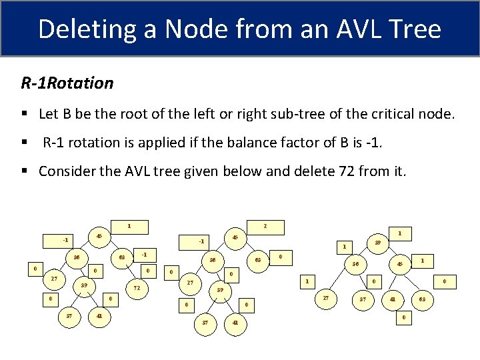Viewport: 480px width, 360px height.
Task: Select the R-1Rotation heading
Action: click(x=67, y=83)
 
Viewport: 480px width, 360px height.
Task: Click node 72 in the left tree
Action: click(x=137, y=288)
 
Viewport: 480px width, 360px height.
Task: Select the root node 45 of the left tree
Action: click(x=99, y=235)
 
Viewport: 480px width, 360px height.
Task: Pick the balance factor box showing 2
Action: click(x=265, y=227)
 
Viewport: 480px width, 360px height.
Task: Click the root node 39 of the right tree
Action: click(x=377, y=243)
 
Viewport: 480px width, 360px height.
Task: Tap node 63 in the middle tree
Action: click(x=257, y=259)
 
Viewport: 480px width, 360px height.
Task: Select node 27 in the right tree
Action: click(x=326, y=299)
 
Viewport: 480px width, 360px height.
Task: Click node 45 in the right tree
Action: click(x=400, y=264)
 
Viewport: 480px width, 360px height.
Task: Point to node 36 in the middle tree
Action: click(x=213, y=259)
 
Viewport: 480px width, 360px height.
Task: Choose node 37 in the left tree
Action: click(x=69, y=316)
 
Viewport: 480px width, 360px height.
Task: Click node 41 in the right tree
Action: click(x=394, y=299)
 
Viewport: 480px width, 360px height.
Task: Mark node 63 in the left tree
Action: click(x=122, y=257)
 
